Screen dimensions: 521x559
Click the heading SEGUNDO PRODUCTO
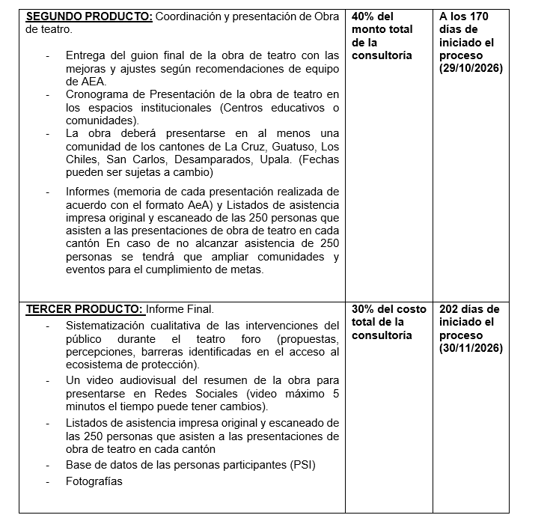89,16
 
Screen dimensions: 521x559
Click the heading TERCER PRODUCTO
84,308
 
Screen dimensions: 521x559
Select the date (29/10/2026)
471,68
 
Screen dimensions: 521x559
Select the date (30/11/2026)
471,348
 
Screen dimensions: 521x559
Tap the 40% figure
364,16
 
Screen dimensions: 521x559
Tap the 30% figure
364,308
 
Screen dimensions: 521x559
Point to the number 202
450,308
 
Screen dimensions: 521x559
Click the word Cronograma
98,94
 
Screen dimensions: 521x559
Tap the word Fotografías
94,481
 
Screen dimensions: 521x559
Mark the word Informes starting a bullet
89,191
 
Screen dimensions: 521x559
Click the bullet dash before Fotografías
49,481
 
